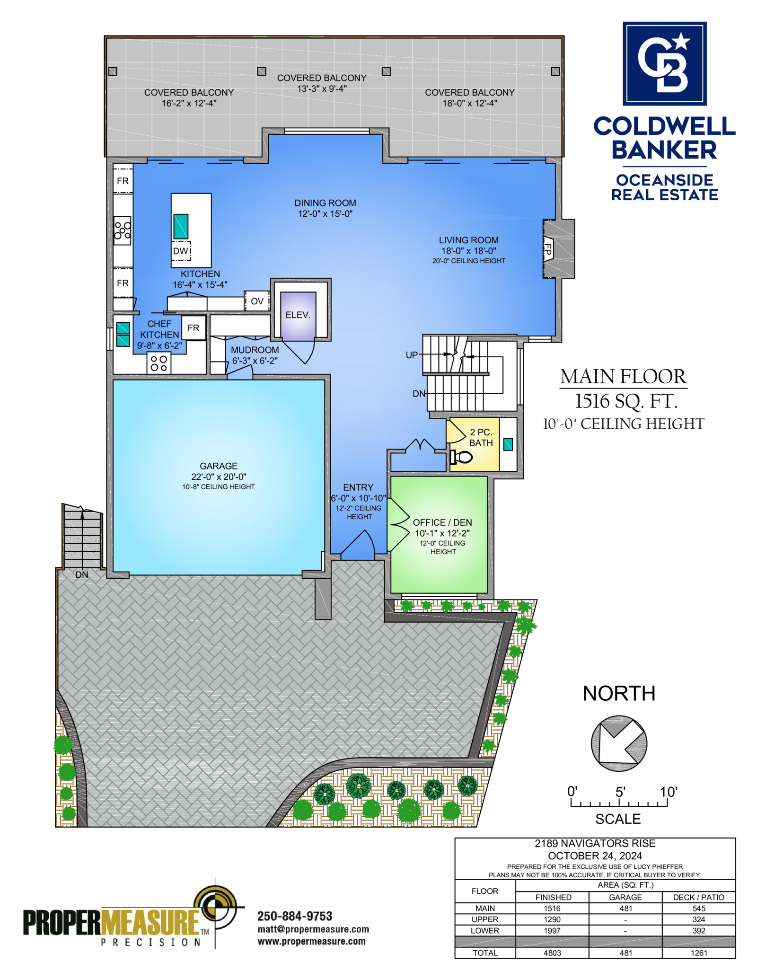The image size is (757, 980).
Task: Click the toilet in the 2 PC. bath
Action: pos(461,457)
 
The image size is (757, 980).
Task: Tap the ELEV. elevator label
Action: pos(298,315)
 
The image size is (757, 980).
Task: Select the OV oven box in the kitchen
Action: pos(257,301)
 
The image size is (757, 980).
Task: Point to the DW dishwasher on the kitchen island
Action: pos(181,251)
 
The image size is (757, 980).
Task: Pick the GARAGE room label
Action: pos(219,466)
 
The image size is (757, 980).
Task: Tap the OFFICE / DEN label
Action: pos(442,522)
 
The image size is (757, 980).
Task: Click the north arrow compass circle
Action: pos(619,743)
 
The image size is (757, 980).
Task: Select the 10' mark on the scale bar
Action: pos(668,792)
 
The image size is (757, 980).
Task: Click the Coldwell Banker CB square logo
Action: pos(664,63)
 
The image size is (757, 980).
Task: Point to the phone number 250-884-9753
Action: pos(295,916)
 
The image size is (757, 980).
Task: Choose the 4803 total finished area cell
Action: pos(552,953)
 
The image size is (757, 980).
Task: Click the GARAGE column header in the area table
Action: pos(625,897)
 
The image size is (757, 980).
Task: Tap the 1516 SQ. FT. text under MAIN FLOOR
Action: pos(626,401)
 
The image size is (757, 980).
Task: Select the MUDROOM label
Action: pos(255,350)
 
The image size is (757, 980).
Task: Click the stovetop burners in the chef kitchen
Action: pos(159,363)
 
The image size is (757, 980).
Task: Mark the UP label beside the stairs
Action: pos(412,355)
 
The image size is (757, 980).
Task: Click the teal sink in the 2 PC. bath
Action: pos(508,444)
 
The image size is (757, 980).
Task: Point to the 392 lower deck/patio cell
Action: pos(698,930)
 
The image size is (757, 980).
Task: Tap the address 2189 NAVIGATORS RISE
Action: pos(595,843)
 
